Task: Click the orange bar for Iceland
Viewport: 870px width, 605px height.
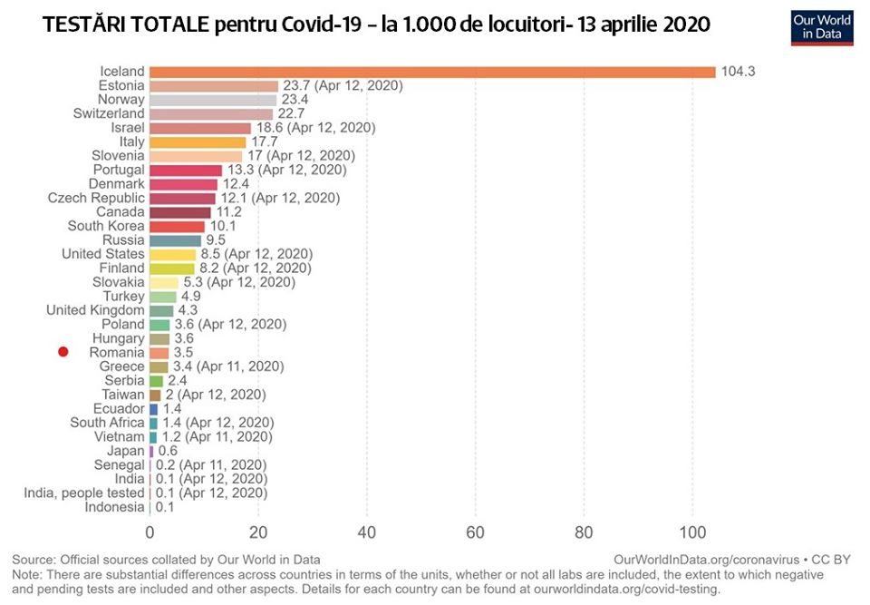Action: click(432, 72)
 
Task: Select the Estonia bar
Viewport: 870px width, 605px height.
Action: click(214, 85)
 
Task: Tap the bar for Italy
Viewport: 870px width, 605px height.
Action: click(198, 141)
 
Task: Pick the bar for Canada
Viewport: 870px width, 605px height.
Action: click(179, 212)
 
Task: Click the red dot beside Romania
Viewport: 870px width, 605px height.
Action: click(63, 352)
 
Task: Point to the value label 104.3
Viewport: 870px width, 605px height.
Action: click(738, 72)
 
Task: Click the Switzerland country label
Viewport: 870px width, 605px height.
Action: click(109, 113)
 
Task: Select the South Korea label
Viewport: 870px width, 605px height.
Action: click(106, 226)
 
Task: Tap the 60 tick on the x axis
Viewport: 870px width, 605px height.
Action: click(475, 532)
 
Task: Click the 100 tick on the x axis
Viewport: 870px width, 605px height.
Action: click(692, 532)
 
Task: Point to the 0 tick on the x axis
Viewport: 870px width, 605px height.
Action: click(150, 532)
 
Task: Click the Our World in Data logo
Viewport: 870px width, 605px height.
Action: click(822, 27)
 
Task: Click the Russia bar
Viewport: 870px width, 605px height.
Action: click(175, 240)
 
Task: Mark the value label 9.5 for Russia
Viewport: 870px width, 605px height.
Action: click(216, 240)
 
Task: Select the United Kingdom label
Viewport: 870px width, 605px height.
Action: click(95, 310)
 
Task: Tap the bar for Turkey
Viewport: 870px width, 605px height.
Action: click(163, 297)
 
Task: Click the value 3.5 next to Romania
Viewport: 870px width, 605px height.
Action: click(182, 352)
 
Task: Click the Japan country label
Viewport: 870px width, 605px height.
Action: click(125, 451)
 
